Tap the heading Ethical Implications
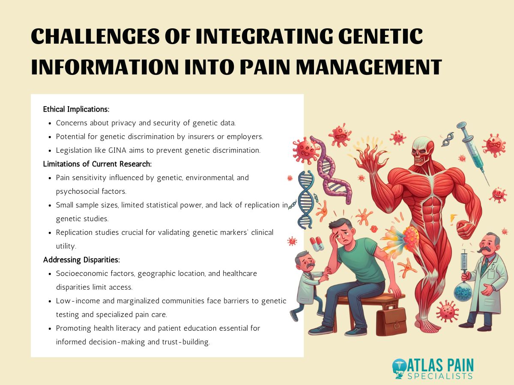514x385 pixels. (x=76, y=110)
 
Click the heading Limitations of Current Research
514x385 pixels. (x=97, y=164)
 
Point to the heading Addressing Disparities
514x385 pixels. (x=81, y=260)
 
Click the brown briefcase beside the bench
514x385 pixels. (x=391, y=320)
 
